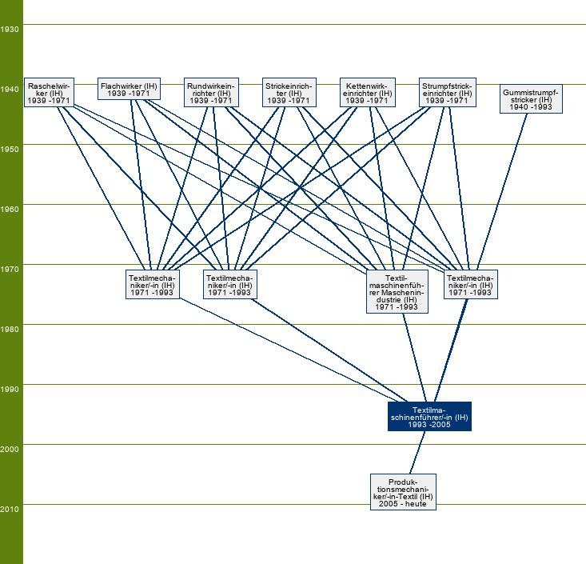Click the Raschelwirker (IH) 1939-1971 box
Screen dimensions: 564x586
coord(50,93)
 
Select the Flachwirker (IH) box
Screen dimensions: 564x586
coord(129,89)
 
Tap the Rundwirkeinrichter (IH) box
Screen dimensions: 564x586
coord(211,93)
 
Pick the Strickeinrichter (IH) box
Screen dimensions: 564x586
coord(289,93)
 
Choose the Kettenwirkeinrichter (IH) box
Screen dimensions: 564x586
coord(367,93)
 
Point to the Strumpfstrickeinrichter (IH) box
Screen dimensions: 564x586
coord(446,93)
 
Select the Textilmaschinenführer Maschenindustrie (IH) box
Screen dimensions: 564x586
coord(397,290)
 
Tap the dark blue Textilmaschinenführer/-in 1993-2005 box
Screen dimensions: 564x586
coord(429,416)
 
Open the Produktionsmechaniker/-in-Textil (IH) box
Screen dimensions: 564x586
coord(404,492)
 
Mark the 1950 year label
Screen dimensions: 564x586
coord(10,150)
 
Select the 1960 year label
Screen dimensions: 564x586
coord(10,210)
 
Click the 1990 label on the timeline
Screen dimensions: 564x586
coord(10,390)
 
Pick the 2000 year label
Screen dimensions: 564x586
coord(10,450)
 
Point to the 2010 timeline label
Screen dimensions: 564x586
coord(10,510)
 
